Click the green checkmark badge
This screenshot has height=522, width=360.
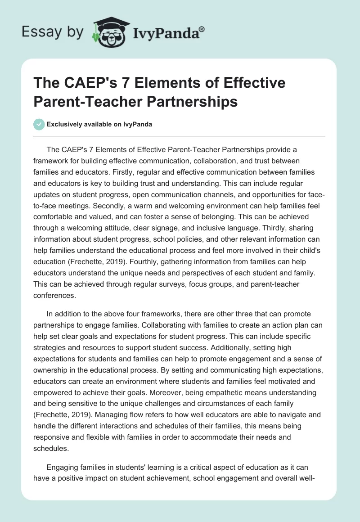pyautogui.click(x=39, y=125)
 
